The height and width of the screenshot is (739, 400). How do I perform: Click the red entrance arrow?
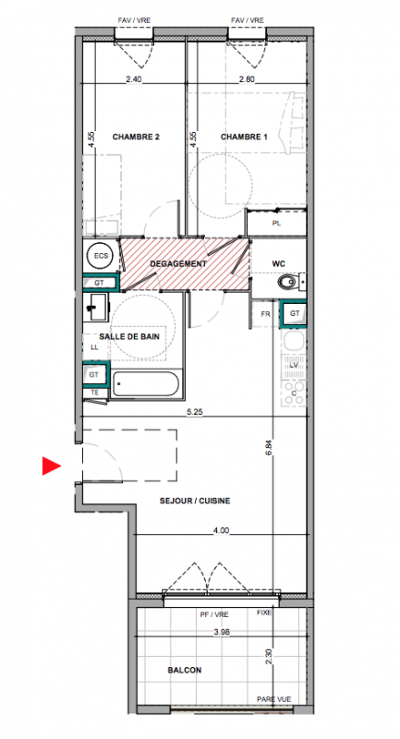[x=51, y=466]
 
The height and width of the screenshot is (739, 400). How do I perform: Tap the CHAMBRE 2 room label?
[x=136, y=137]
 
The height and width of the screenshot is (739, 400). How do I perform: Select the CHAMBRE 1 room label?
[x=244, y=137]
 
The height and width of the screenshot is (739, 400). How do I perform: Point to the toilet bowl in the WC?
[x=285, y=283]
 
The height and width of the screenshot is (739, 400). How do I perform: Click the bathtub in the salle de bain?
[x=146, y=384]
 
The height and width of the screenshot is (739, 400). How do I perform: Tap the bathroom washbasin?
[x=96, y=307]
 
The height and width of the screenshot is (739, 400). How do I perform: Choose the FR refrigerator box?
[x=265, y=314]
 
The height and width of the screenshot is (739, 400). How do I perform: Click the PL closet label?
[x=276, y=224]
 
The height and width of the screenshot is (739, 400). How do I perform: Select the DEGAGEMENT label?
[x=178, y=264]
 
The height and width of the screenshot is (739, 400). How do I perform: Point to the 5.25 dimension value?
[x=194, y=411]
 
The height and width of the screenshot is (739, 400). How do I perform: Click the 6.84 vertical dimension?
[x=269, y=446]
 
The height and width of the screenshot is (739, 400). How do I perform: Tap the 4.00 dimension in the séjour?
[x=221, y=530]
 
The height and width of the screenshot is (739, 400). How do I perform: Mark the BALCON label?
[x=185, y=670]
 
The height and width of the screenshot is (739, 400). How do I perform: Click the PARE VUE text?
[x=273, y=699]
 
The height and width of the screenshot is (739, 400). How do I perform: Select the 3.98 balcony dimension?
[x=221, y=633]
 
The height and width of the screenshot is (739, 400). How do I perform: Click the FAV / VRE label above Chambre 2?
[x=134, y=20]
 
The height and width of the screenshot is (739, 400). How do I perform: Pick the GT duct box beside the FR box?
[x=294, y=314]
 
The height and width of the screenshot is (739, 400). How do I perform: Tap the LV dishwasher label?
[x=294, y=365]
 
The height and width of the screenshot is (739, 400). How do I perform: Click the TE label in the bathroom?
[x=94, y=392]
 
